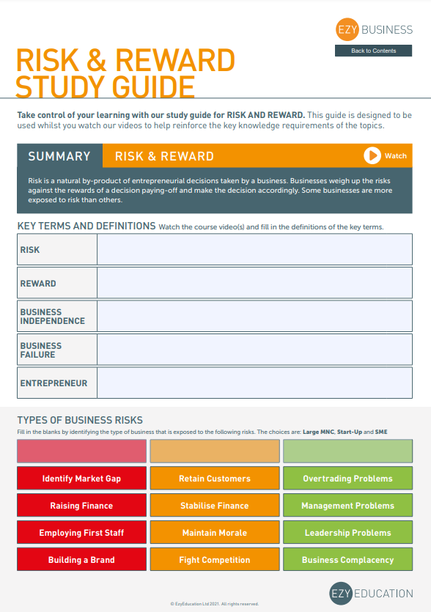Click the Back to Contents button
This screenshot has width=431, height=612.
(x=374, y=51)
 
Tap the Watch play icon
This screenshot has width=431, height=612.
(x=372, y=155)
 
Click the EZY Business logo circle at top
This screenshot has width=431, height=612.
(x=345, y=30)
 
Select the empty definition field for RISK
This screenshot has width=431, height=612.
(x=254, y=249)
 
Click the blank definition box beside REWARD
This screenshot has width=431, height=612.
(x=254, y=283)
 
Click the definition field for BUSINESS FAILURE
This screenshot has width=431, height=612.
(x=254, y=350)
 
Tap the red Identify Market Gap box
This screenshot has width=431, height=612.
(x=81, y=479)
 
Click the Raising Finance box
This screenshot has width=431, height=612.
(x=81, y=506)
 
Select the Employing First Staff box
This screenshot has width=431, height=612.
(x=81, y=533)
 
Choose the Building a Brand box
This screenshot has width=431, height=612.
(x=81, y=560)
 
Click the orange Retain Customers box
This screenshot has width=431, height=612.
(x=215, y=479)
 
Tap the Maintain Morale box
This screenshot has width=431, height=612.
(x=215, y=533)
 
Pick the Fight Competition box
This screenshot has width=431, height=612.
(x=215, y=560)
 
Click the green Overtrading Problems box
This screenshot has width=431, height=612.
(x=347, y=479)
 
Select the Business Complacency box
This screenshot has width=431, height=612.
(x=347, y=560)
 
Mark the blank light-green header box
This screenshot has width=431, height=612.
(x=347, y=451)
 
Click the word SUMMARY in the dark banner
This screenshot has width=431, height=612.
(x=59, y=156)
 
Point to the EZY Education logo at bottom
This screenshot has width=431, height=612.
(x=371, y=594)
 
